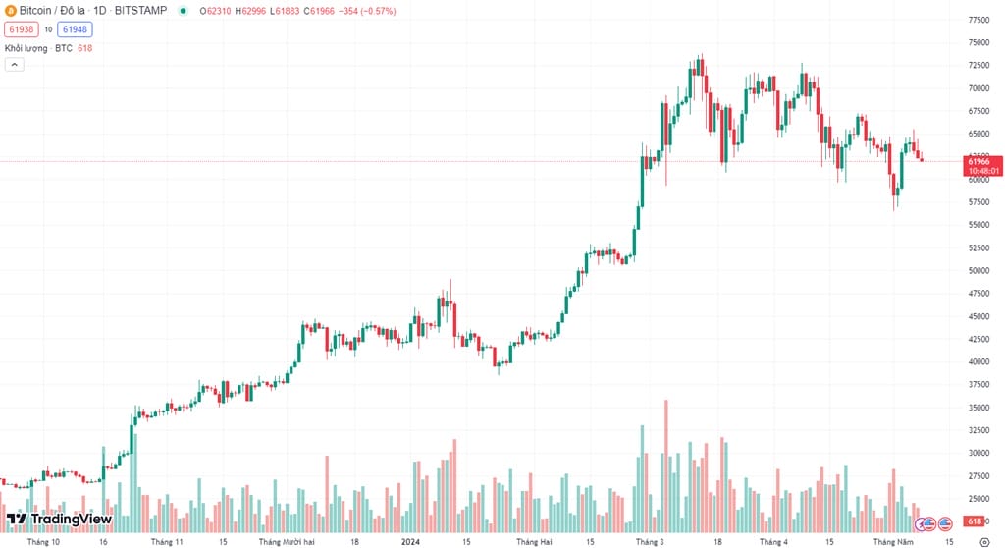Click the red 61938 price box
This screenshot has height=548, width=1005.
coord(21,29)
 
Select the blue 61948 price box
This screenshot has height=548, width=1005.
coord(74,29)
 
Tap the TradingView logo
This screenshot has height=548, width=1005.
coord(60,519)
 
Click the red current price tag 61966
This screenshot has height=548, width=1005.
coord(982,164)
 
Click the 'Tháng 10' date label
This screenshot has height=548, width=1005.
coord(43,541)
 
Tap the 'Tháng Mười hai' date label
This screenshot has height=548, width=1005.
coord(287,541)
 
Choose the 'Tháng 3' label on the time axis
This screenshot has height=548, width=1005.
coord(649,541)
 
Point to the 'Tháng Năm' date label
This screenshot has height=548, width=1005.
coord(894,541)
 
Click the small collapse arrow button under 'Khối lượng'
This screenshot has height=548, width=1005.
coord(14,65)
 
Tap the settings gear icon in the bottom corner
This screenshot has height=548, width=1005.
coord(984,541)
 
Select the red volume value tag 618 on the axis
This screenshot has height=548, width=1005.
coord(976,521)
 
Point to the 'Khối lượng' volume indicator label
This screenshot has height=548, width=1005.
coord(27,47)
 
